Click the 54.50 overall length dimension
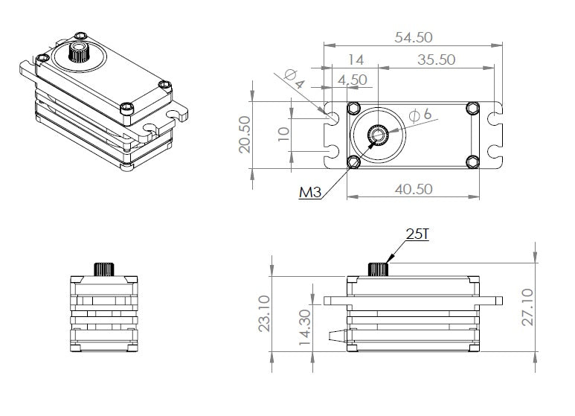413,36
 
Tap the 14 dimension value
355,60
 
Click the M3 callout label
310,193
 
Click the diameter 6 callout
421,115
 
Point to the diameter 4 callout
292,78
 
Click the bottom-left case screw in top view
355,161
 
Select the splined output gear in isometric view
77,52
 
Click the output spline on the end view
103,269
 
